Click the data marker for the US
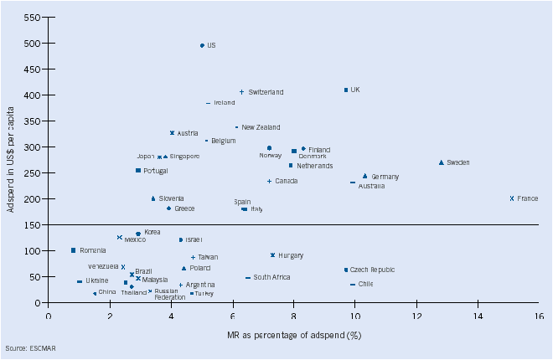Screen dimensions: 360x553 coord(202,46)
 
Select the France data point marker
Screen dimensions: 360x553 coord(511,198)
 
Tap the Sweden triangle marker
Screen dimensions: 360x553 coord(441,162)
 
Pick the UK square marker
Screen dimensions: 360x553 coord(345,90)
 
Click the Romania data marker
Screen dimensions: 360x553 coord(74,250)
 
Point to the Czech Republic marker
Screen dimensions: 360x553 coord(345,270)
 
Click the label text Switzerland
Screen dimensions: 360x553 coord(266,92)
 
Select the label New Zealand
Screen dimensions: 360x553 coord(261,127)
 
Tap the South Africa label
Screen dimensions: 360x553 coord(271,277)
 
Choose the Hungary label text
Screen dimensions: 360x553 coord(291,255)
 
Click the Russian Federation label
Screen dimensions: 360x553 coord(170,294)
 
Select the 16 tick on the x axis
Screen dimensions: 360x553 coord(539,317)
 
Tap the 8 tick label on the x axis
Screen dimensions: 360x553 coord(293,317)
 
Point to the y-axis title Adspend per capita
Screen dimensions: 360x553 coord(11,160)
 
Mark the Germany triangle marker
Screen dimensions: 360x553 coord(365,176)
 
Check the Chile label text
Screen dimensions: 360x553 coord(365,285)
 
